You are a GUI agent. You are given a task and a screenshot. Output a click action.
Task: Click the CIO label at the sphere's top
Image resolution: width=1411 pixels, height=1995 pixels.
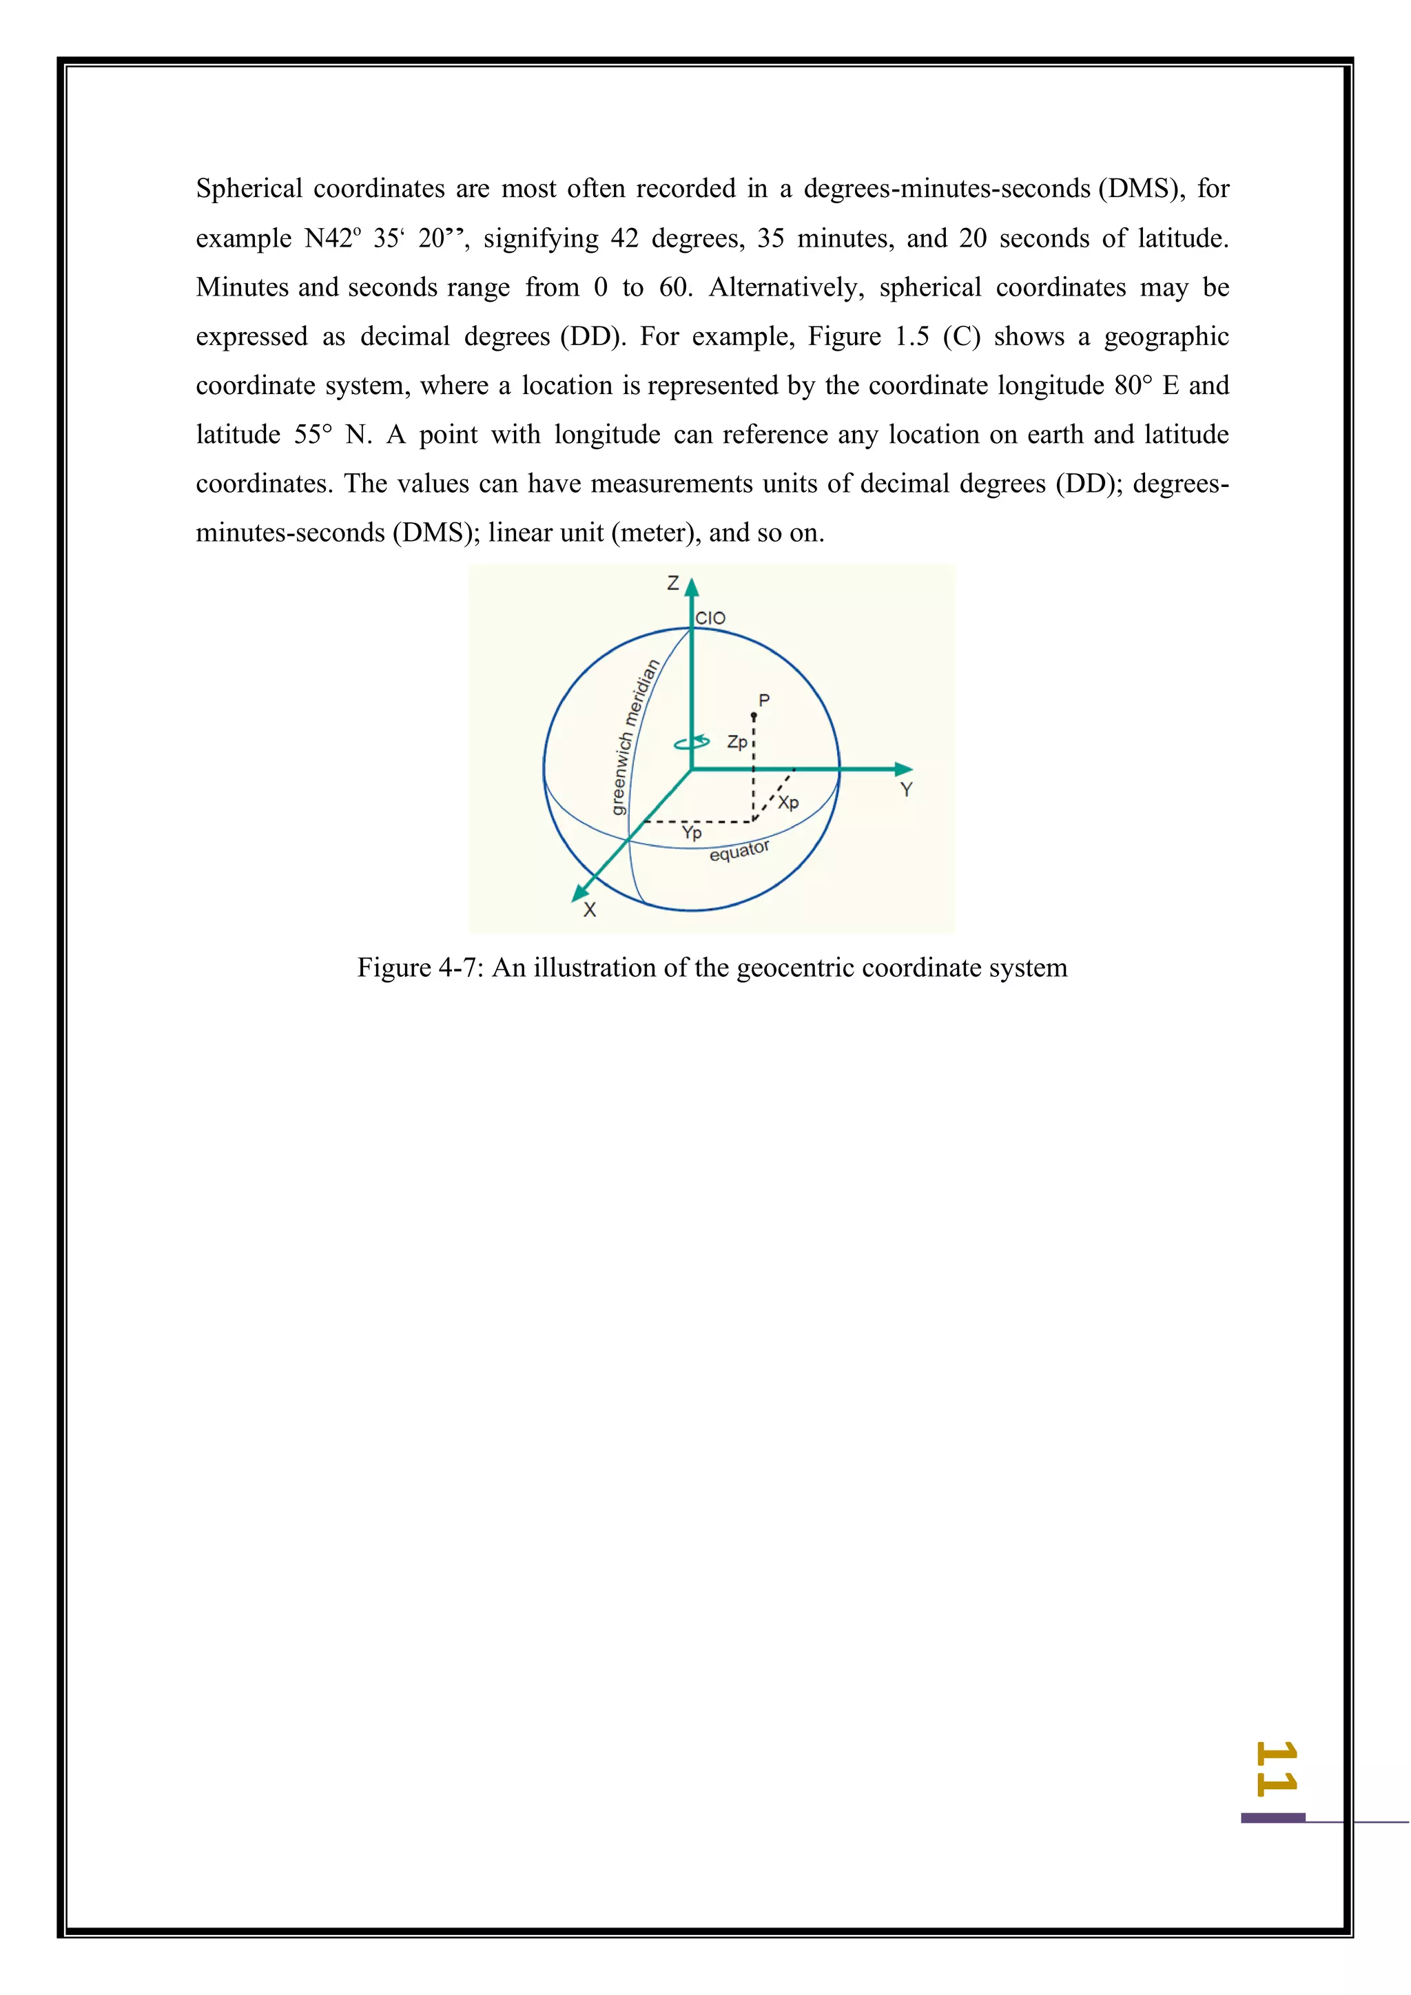point(710,618)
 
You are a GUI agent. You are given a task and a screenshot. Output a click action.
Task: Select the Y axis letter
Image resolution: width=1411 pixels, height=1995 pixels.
point(906,790)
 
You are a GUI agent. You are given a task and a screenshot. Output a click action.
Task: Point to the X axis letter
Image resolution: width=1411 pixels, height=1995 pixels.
point(590,910)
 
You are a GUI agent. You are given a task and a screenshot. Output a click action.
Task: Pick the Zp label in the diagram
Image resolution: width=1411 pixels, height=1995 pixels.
point(737,742)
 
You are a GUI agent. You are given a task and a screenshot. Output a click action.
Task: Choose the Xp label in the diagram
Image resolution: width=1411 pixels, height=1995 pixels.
point(788,802)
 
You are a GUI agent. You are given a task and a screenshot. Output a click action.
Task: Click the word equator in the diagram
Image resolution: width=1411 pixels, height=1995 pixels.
point(739,851)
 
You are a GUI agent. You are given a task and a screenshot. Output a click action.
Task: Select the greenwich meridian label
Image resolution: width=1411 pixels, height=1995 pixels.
point(635,737)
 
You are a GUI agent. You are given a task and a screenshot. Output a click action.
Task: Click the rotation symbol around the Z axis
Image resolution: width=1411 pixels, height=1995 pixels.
point(692,743)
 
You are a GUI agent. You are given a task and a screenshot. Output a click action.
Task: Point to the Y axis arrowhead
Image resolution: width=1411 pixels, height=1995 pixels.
point(904,769)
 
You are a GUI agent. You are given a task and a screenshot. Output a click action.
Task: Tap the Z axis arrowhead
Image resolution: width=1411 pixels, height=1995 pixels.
point(692,588)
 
